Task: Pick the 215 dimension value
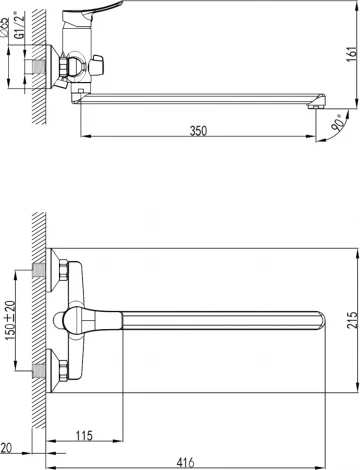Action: click(349, 320)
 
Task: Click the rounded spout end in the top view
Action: click(318, 319)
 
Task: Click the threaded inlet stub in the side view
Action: click(40, 68)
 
